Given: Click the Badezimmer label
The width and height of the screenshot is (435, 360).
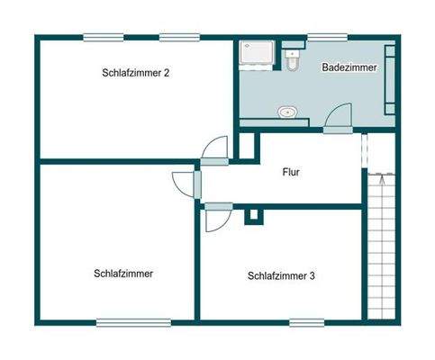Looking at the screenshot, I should coord(349,67).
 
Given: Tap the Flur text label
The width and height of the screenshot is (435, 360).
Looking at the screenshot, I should coord(290,171).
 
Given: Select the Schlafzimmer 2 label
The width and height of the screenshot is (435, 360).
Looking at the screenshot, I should coord(137,74).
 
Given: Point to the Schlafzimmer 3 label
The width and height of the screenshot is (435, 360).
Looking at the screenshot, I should coord(281,276).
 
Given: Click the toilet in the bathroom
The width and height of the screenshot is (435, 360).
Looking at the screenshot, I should coord(292,62).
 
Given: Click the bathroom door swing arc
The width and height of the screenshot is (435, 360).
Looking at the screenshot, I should coord(340,117).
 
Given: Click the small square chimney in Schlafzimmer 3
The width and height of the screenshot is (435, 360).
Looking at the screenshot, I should coord(255,215).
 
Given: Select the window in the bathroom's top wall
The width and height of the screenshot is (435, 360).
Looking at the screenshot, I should coord(321,37).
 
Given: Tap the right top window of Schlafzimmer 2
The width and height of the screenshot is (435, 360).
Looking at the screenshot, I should coord(179,37).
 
